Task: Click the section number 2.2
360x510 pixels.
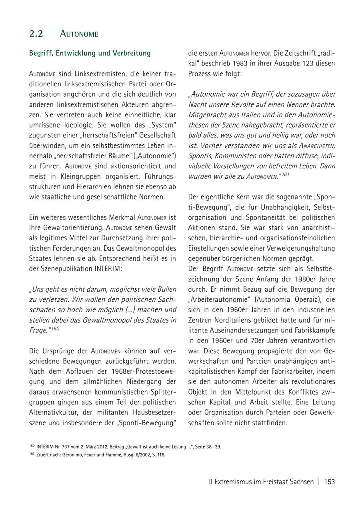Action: click(36, 34)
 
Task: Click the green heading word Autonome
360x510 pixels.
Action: click(79, 34)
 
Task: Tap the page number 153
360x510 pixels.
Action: click(329, 482)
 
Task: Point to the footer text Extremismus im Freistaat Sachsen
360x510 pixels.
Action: click(264, 482)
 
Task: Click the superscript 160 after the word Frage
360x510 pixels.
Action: click(55, 328)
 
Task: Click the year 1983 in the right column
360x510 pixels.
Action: click(250, 64)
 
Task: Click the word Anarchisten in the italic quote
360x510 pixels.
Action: click(317, 145)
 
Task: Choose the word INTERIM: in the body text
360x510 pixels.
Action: click(108, 269)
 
